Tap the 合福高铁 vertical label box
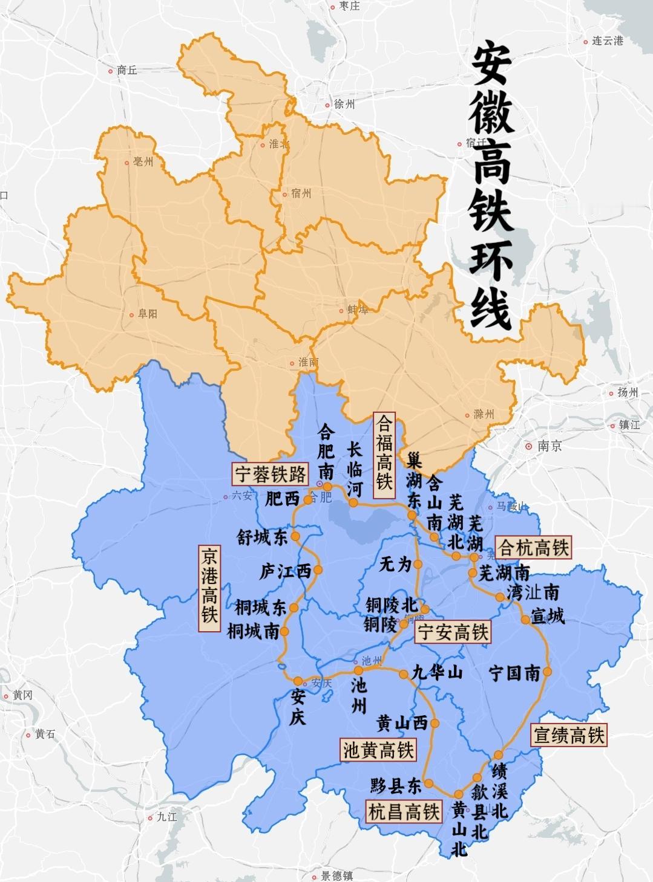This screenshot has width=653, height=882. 384,455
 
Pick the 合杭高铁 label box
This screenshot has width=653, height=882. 533,548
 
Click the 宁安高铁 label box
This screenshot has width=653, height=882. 452,632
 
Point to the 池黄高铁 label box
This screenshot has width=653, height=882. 378,750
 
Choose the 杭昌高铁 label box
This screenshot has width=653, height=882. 404,811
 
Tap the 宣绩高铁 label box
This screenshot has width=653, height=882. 568,735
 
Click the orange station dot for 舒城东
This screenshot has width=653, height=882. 295,536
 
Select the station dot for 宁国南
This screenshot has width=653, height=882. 548,672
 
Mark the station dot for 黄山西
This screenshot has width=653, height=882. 435,723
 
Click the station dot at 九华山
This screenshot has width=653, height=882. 404,673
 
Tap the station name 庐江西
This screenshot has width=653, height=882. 284,571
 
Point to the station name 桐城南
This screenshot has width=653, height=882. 253,632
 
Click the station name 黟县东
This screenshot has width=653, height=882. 396,785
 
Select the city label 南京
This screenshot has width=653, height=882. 549,446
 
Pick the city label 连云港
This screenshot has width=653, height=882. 607,41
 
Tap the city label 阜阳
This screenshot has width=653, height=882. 147,314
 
